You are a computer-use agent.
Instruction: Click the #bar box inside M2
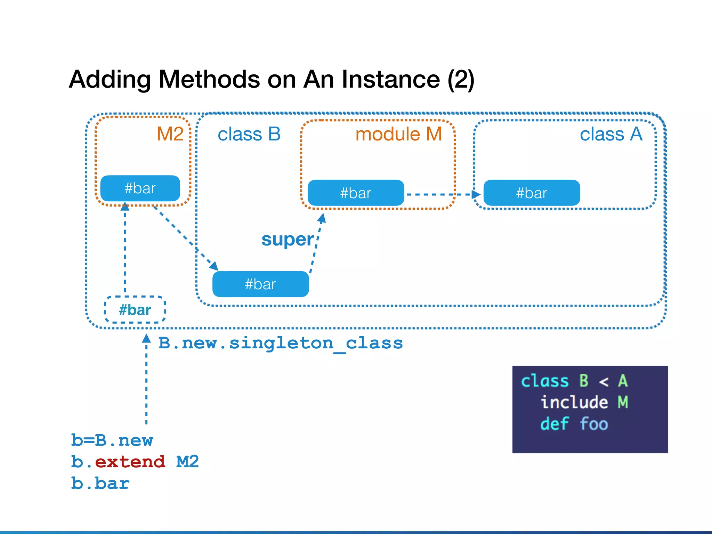[x=140, y=188]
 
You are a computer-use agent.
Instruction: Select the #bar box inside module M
[x=356, y=193]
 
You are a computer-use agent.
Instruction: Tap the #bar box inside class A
[x=532, y=193]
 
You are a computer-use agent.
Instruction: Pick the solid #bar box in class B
[x=260, y=284]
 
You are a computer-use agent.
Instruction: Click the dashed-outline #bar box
[x=135, y=310]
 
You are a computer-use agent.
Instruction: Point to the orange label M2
[x=170, y=134]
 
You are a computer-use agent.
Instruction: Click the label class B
[x=249, y=134]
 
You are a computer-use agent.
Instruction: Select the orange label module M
[x=398, y=134]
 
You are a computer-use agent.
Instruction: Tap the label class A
[x=611, y=134]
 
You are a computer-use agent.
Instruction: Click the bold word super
[x=288, y=240]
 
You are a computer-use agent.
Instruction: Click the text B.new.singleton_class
[x=281, y=343]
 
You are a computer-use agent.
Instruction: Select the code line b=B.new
[x=112, y=440]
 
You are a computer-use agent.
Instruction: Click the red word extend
[x=130, y=462]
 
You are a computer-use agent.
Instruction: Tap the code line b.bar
[x=100, y=484]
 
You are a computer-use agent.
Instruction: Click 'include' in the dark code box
[x=574, y=402]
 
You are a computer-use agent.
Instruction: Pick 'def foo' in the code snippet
[x=574, y=424]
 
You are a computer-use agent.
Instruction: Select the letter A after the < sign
[x=623, y=381]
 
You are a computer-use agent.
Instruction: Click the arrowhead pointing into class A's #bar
[x=476, y=194]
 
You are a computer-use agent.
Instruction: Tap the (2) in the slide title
[x=461, y=80]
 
